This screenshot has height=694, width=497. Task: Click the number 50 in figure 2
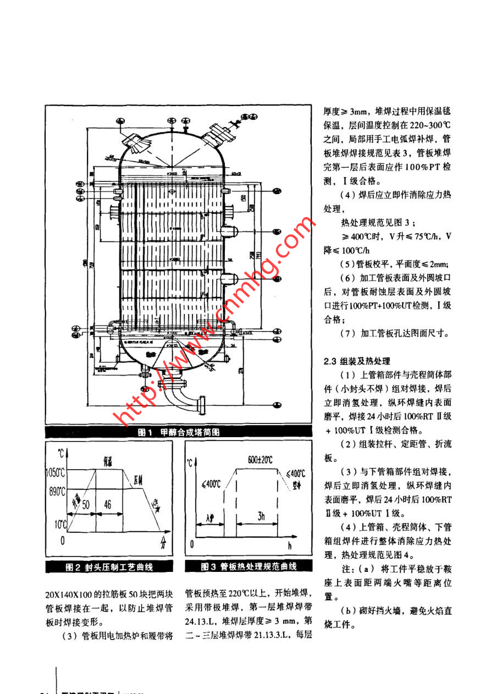tap(85, 504)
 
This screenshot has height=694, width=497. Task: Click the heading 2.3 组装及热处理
tap(357, 361)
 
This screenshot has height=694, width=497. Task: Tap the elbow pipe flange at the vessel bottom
tap(201, 407)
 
